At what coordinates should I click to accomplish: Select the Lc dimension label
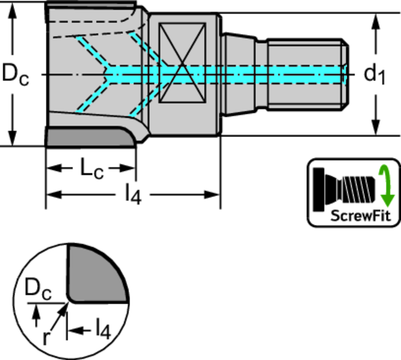coord(92,169)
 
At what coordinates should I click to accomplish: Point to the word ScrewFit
coord(361,215)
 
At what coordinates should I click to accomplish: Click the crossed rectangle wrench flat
coord(182,63)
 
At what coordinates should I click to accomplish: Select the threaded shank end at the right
coord(307,74)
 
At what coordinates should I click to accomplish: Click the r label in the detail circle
coord(46,337)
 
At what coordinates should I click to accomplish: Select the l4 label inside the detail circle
coord(103,330)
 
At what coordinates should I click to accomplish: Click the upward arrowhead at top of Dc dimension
coord(13,12)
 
